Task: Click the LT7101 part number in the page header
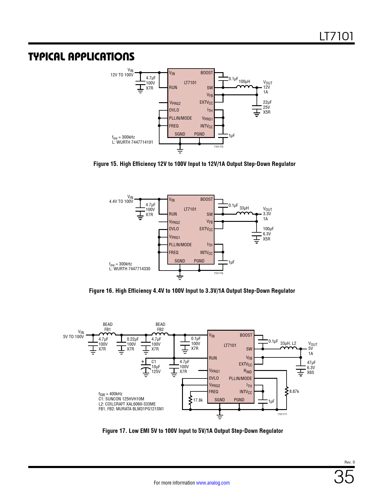[x=336, y=36]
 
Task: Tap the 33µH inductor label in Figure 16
[x=244, y=208]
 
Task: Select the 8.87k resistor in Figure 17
[x=287, y=391]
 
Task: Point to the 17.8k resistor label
[x=198, y=400]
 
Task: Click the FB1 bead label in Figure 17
[x=108, y=329]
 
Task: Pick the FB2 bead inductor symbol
[x=160, y=334]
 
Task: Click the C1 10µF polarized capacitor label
[x=156, y=367]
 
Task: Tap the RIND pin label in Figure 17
[x=248, y=371]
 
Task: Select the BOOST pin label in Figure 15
[x=206, y=73]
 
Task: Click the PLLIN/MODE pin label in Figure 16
[x=180, y=245]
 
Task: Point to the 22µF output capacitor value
[x=267, y=103]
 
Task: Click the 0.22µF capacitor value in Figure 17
[x=132, y=339]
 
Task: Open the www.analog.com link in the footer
[x=213, y=483]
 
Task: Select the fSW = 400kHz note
[x=110, y=394]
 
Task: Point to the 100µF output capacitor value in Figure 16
[x=268, y=229]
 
